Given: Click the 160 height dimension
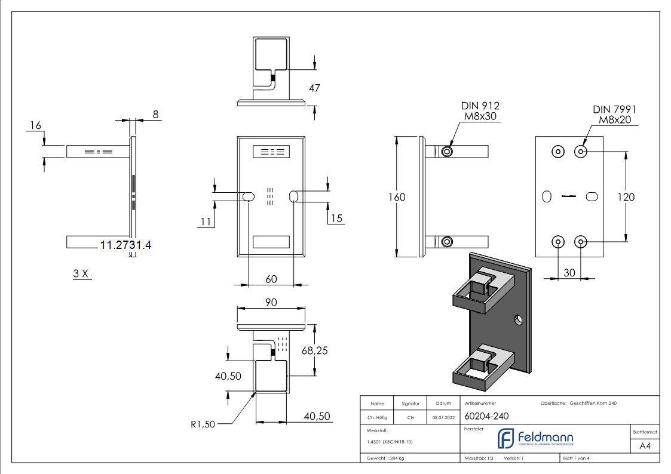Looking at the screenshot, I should pos(397,198).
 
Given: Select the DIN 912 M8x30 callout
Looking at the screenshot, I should pos(480,111).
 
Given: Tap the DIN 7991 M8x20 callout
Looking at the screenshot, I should pos(614,115).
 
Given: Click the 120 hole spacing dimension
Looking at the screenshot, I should pos(626,196).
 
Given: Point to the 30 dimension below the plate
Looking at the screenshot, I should pos(569,272).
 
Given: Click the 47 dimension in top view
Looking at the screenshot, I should pos(314,88).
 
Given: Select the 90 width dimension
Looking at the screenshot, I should pos(271,303).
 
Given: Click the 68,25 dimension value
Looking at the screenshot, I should pos(314,351).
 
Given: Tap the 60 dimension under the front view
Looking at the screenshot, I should pos(271,279).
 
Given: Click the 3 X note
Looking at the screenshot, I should pos(81,273).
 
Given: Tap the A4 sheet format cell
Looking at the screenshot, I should pos(645,446).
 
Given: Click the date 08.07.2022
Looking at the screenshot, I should pos(443,417).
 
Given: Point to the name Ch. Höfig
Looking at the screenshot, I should pos(377,417).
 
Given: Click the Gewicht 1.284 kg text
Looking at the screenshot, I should pos(385,458).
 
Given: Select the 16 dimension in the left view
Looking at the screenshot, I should pos(35,125).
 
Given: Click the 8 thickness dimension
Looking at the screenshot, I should pos(155,115).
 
